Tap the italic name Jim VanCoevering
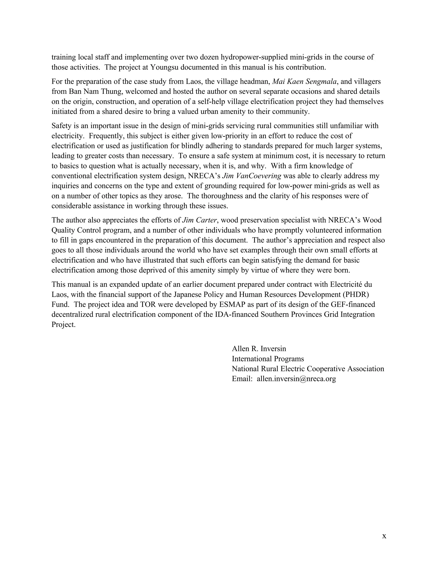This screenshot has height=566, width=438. (x=252, y=176)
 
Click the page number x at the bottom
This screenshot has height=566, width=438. (x=384, y=536)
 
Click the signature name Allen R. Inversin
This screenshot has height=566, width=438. (x=259, y=349)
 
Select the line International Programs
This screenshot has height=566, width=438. (x=268, y=359)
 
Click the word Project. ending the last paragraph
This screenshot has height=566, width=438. (x=63, y=325)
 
